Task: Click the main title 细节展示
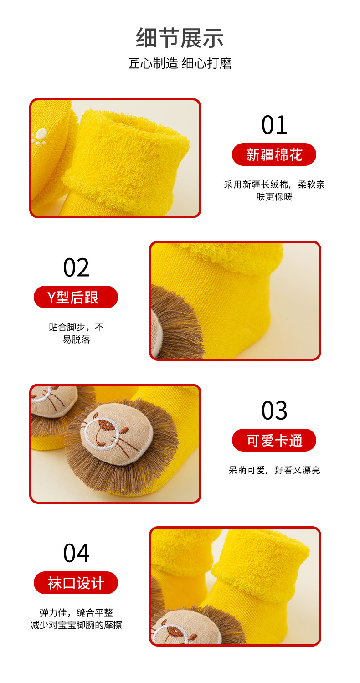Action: click(180, 38)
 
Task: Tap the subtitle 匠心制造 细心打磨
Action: click(180, 63)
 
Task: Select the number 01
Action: click(274, 125)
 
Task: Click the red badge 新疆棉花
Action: click(274, 155)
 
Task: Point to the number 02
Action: click(76, 267)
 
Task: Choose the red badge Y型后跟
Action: click(76, 298)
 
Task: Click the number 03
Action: click(274, 411)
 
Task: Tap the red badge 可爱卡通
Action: click(274, 441)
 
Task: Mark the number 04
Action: click(76, 553)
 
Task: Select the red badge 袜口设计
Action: click(76, 583)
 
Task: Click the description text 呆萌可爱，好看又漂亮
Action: click(274, 470)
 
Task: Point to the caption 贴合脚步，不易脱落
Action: click(76, 333)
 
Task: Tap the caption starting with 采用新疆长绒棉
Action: click(274, 190)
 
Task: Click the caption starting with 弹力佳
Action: click(76, 619)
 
